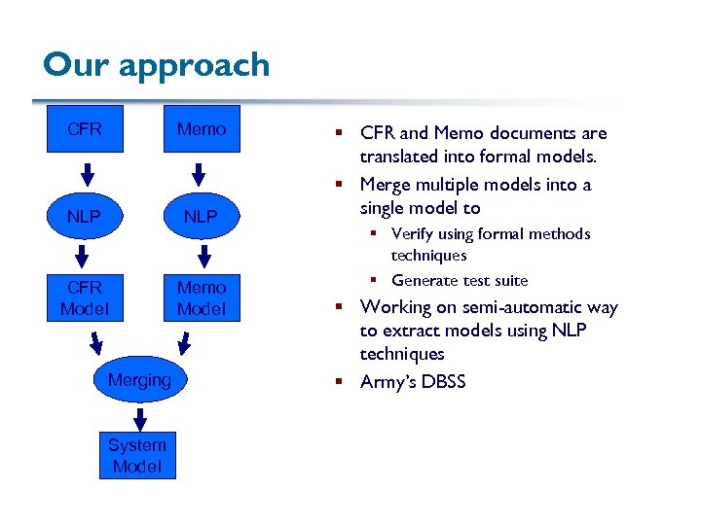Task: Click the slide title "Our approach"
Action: click(x=156, y=65)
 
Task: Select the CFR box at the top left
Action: click(x=85, y=129)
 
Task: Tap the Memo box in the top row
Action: click(x=201, y=129)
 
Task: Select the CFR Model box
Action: click(x=85, y=298)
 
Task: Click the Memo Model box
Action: click(x=201, y=298)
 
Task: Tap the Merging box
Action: click(x=138, y=380)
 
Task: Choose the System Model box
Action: click(x=137, y=455)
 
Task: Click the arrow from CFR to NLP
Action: click(x=86, y=174)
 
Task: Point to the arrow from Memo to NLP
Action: click(x=199, y=174)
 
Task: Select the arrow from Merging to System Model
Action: click(x=139, y=418)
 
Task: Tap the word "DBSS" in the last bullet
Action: click(x=442, y=382)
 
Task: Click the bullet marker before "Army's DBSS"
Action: click(x=345, y=382)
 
